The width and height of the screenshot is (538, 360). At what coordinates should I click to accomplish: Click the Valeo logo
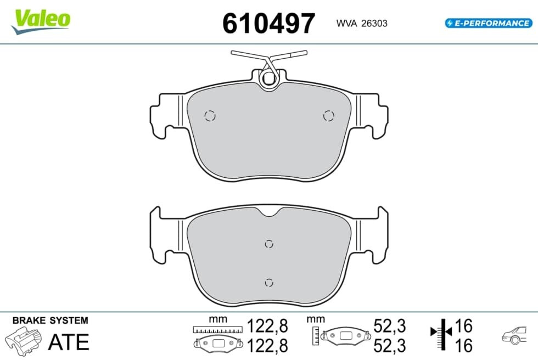[x=41, y=21]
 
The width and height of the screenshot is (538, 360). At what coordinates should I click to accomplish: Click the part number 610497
[x=268, y=23]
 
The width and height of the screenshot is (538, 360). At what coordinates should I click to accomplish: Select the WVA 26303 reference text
[x=362, y=23]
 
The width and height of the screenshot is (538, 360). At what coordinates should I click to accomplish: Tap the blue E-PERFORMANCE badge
[x=489, y=23]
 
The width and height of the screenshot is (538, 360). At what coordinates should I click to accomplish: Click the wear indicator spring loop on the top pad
[x=268, y=79]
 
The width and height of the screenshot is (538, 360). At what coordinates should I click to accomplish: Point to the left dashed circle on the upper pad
[x=210, y=116]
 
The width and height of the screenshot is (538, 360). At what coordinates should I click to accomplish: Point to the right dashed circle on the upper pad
[x=328, y=116]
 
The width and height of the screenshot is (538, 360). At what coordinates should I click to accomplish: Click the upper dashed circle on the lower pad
[x=269, y=244]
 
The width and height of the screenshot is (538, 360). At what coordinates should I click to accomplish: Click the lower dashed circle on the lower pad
[x=269, y=283]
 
